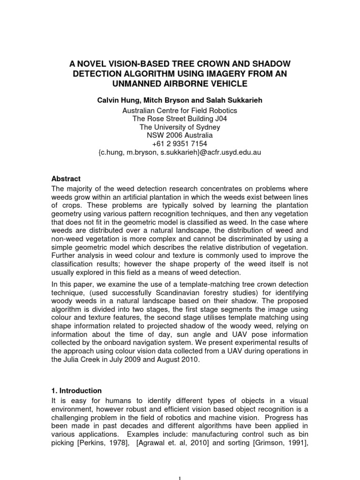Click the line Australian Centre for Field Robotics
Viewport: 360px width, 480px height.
tap(180, 111)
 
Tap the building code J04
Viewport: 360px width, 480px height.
tap(219, 119)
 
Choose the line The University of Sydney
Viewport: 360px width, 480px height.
tap(180, 127)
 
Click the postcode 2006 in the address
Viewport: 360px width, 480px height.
tap(177, 136)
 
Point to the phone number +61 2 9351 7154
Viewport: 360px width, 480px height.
tap(180, 144)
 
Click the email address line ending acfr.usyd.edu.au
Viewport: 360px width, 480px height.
tap(180, 152)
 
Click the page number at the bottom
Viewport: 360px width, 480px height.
tap(180, 477)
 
